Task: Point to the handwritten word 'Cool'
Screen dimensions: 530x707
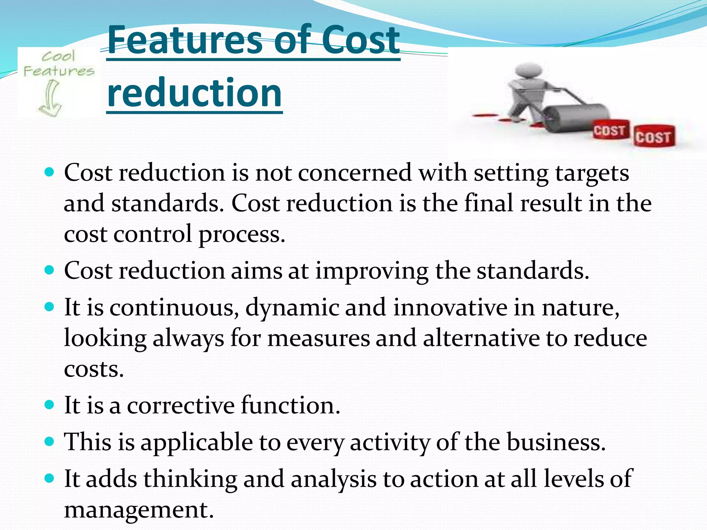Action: [58, 56]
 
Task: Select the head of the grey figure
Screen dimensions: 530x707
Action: [527, 71]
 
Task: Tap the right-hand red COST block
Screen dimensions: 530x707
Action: [653, 136]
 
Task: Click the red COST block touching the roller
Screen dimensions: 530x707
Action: [610, 130]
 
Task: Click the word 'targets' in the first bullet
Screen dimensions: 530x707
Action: [592, 173]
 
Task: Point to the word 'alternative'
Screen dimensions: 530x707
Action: [481, 338]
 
